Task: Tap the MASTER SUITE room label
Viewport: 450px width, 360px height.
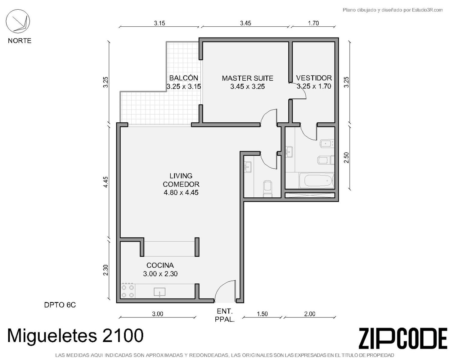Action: (x=247, y=78)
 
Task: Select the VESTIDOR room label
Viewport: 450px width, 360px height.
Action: (x=314, y=78)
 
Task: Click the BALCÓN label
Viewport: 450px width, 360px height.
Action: (x=184, y=78)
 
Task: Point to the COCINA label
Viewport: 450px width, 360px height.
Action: (x=160, y=265)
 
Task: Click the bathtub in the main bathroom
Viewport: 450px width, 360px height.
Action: (x=316, y=180)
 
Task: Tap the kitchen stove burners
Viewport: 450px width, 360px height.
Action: (x=128, y=291)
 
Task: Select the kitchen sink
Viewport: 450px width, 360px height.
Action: (x=160, y=292)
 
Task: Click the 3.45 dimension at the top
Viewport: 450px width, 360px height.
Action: (x=245, y=23)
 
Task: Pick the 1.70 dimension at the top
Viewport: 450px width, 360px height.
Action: (x=313, y=23)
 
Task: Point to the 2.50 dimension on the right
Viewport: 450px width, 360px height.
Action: (x=346, y=158)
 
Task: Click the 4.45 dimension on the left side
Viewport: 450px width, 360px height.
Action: (x=106, y=182)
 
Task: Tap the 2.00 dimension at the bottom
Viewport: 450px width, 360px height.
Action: (x=310, y=314)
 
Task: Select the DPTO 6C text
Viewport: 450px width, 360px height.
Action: (x=60, y=305)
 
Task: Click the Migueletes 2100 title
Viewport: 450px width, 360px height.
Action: (x=76, y=336)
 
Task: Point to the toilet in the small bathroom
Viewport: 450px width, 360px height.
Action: (x=268, y=189)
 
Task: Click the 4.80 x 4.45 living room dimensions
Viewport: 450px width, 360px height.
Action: (x=181, y=192)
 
